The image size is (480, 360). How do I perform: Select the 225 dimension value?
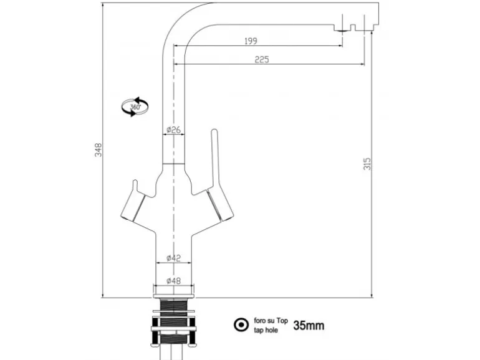[x=262, y=59]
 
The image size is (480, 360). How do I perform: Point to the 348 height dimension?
[x=98, y=150]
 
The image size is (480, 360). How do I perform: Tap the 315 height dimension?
[x=368, y=164]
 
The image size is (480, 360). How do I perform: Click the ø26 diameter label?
[x=174, y=130]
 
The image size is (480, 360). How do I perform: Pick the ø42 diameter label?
[x=174, y=258]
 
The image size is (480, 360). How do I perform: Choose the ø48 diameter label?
[x=174, y=281]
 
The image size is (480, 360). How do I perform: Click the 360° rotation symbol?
[x=135, y=107]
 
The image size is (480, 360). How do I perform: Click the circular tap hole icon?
[x=239, y=324]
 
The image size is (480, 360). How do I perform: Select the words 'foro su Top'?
[x=271, y=321]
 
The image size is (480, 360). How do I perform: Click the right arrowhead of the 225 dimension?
[x=362, y=64]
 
